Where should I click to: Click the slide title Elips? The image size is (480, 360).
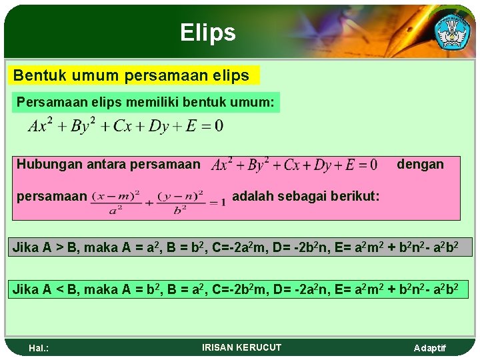click(x=207, y=32)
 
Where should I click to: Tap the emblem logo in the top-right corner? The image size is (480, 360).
click(x=451, y=30)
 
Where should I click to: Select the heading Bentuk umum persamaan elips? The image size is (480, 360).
click(x=131, y=75)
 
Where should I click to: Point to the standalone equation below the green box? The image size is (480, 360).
click(x=125, y=125)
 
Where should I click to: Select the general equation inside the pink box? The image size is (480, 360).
click(x=294, y=164)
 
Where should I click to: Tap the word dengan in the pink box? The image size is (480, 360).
click(x=420, y=164)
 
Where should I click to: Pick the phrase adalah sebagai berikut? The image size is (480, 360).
click(x=306, y=197)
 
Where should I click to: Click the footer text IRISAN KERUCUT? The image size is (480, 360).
click(x=241, y=347)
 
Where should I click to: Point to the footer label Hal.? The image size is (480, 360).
click(x=40, y=348)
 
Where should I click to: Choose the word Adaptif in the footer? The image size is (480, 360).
click(x=430, y=348)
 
